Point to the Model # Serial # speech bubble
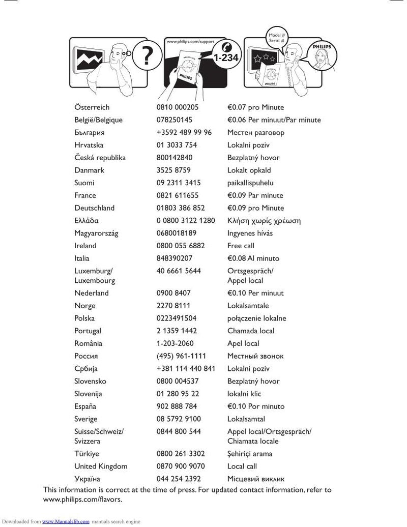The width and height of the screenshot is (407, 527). [x=276, y=37]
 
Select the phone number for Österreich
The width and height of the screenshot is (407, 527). [x=178, y=107]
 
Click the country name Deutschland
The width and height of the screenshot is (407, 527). [x=95, y=208]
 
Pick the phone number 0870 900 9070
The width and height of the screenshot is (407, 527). [x=181, y=466]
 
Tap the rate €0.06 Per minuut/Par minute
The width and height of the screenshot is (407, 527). [x=274, y=120]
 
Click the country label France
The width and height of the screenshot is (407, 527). [x=85, y=195]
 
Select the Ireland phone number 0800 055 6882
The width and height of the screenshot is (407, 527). [x=181, y=246]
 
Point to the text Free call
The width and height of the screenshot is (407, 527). [x=241, y=246]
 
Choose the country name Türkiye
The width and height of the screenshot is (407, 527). [x=87, y=454]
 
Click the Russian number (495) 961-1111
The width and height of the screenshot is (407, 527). [x=181, y=356]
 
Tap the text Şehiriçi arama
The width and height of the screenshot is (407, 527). [x=250, y=454]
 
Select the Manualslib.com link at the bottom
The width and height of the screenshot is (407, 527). [x=66, y=521]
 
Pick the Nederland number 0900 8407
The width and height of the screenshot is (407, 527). [x=173, y=293]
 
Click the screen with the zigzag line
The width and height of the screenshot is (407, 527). [x=89, y=58]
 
